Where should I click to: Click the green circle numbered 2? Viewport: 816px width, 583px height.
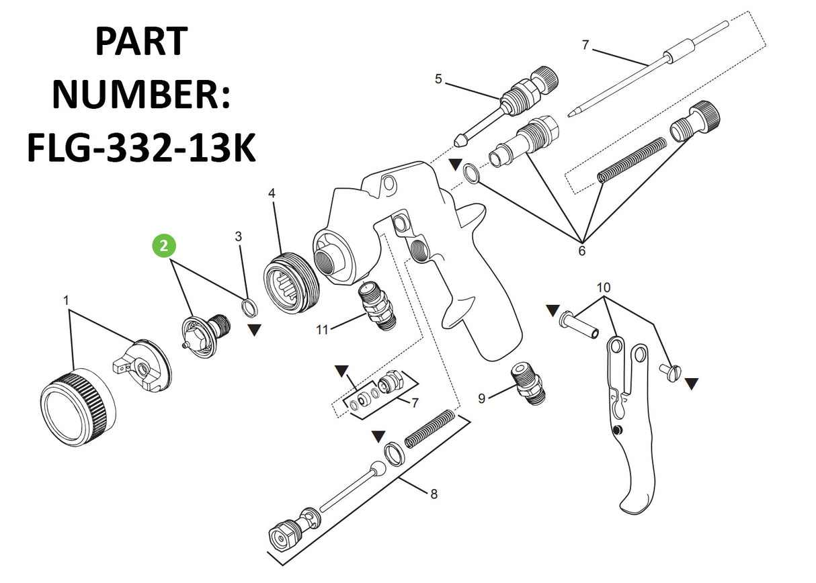[x=164, y=246]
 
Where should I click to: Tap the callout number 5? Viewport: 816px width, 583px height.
[x=438, y=79]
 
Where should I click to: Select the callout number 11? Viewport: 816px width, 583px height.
[x=322, y=330]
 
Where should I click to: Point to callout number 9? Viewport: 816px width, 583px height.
[x=481, y=398]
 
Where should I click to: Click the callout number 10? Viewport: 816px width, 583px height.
[x=603, y=287]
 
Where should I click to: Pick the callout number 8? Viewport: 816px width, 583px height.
[x=434, y=494]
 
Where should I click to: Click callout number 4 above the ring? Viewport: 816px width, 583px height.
[x=272, y=193]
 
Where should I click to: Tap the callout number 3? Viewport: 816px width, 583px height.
[x=238, y=236]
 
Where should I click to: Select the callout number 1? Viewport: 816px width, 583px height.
[x=66, y=301]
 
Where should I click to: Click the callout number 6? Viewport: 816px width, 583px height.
[x=582, y=251]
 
